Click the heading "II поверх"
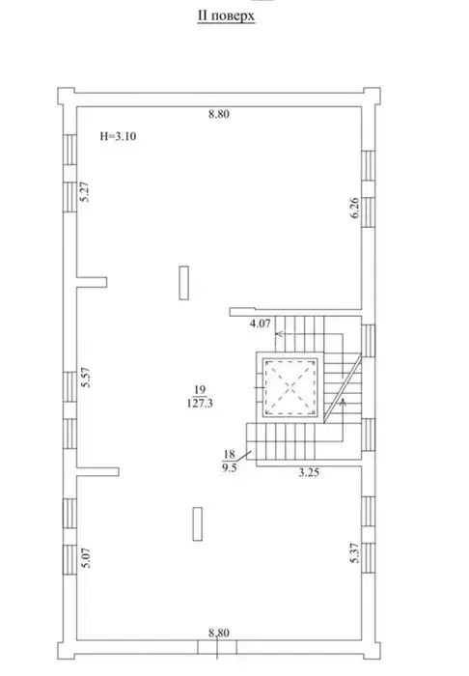tap(226, 16)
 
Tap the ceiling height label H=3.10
tap(118, 137)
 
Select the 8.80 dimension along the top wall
tap(219, 114)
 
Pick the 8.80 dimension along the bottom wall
tap(219, 634)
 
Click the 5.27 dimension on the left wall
tap(85, 191)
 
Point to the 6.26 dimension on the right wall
tap(355, 208)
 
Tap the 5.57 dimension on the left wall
tap(86, 378)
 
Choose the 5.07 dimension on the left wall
tap(86, 558)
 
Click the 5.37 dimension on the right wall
tap(355, 552)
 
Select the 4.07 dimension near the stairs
tap(261, 324)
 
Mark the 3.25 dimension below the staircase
tap(309, 472)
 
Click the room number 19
tap(200, 390)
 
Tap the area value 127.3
tap(201, 404)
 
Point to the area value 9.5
tap(229, 467)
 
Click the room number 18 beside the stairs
tap(229, 454)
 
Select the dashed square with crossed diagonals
tap(290, 387)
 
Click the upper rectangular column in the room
tap(184, 283)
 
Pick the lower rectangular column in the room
tap(198, 523)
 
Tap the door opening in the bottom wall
tap(217, 647)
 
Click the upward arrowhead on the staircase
tap(344, 402)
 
